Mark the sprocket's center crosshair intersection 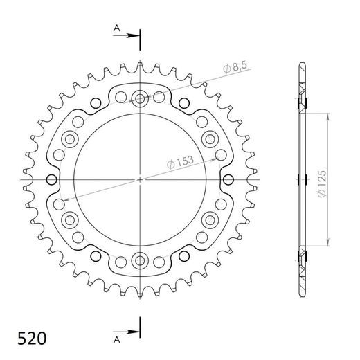coord(140,179)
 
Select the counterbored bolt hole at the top coord(140,99)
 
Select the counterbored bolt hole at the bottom coord(140,261)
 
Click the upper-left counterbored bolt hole coord(70,139)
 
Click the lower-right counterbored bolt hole coord(210,220)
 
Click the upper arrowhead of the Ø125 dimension coord(325,114)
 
